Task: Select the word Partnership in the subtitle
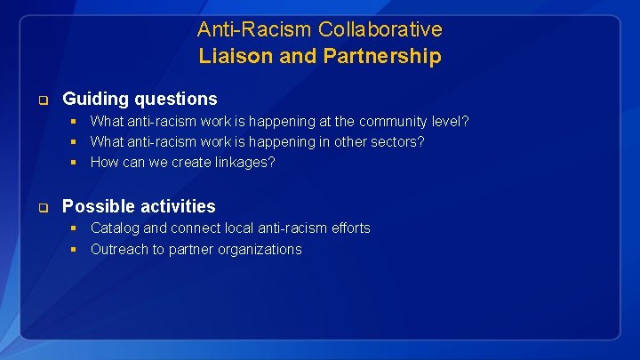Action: [385, 57]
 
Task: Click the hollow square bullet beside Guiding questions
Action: [42, 99]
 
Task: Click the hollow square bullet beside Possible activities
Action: [42, 207]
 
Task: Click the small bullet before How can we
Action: [76, 163]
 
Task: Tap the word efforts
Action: [348, 228]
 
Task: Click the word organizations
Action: [258, 250]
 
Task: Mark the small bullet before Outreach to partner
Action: [76, 250]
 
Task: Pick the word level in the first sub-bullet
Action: [451, 121]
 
